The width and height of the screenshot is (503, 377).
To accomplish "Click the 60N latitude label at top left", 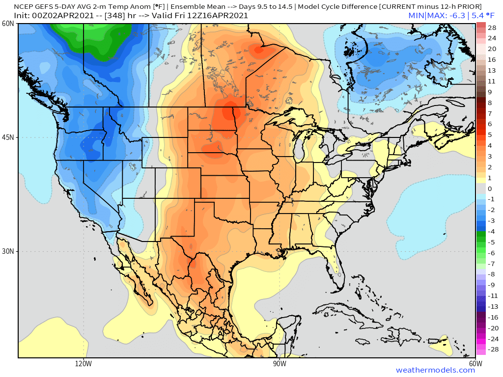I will click(x=7, y=24).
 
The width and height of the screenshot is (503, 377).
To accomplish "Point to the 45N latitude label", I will click(x=7, y=137).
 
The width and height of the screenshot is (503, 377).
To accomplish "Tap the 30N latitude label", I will click(x=7, y=251).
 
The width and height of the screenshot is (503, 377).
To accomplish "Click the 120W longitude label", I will click(x=84, y=364).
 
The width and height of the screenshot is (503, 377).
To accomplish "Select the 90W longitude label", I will click(x=279, y=364).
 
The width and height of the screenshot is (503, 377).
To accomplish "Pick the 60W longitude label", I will click(x=475, y=364).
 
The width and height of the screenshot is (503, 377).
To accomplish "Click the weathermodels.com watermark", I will click(x=435, y=370).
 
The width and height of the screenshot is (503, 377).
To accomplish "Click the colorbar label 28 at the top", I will click(x=492, y=27).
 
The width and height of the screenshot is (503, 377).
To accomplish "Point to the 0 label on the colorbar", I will click(x=490, y=188).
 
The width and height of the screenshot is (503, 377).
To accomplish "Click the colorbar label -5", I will click(x=492, y=242).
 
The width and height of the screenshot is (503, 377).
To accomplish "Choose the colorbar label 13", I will click(x=492, y=70).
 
